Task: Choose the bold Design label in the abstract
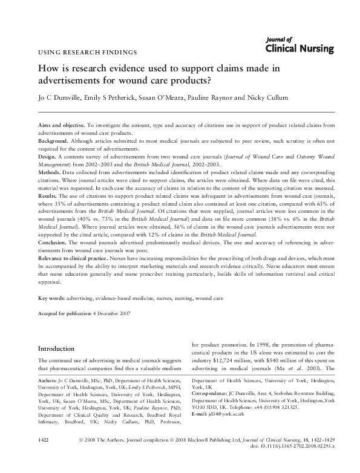pyautogui.click(x=46, y=155)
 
